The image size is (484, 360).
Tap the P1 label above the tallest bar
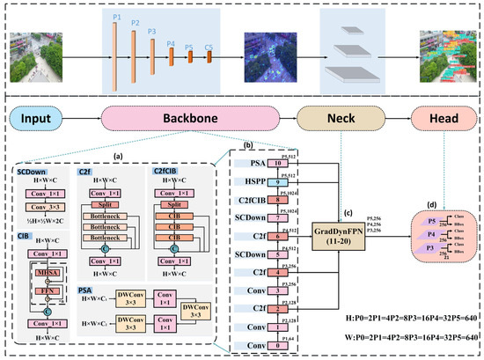click(117, 17)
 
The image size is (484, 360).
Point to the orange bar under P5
click(189, 57)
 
